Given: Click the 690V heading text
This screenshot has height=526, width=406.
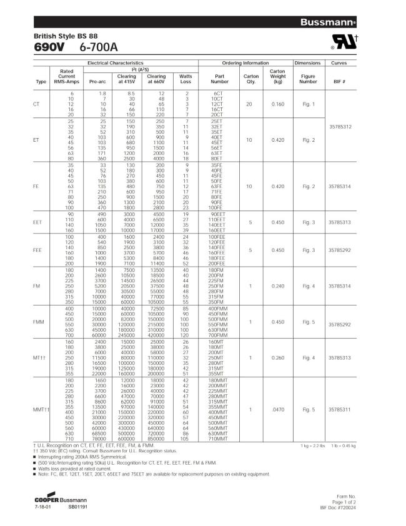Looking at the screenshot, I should pyautogui.click(x=49, y=47).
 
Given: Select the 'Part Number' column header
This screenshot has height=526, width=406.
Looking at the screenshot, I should pyautogui.click(x=219, y=79).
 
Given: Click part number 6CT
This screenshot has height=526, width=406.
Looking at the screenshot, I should pyautogui.click(x=219, y=93).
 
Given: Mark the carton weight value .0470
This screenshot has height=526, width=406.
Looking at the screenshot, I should pyautogui.click(x=277, y=409).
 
